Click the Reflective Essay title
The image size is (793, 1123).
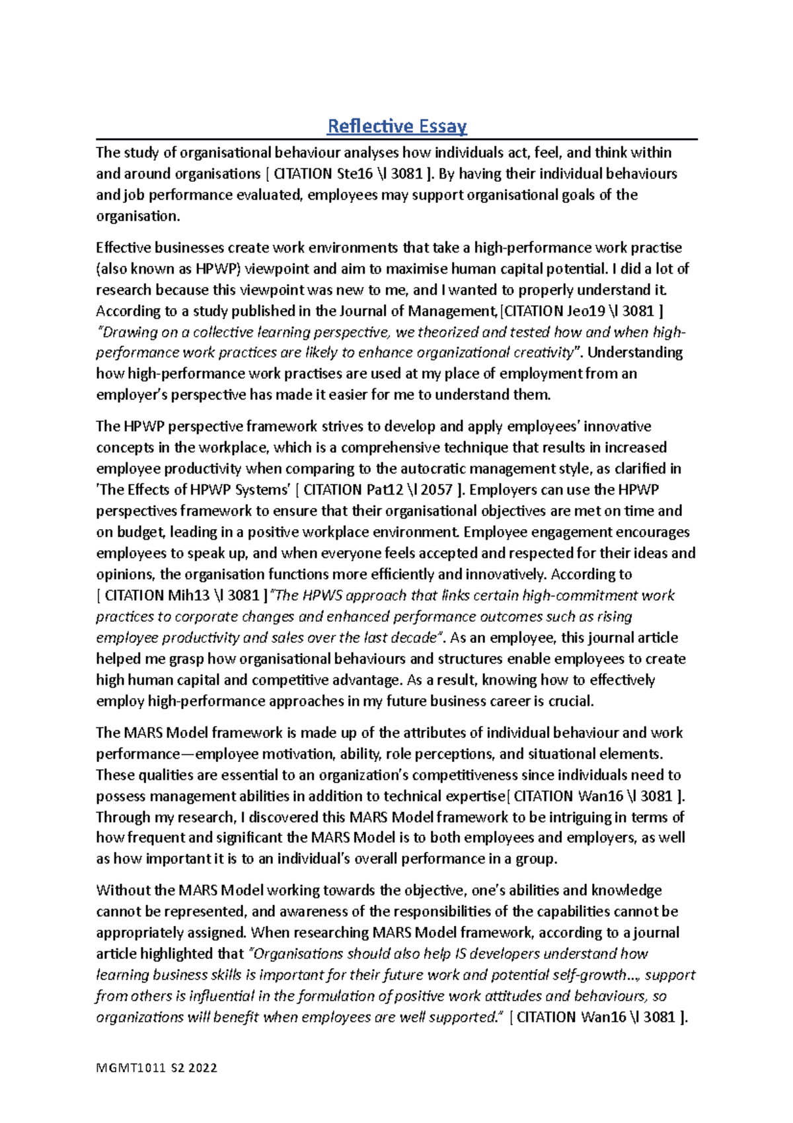(x=397, y=126)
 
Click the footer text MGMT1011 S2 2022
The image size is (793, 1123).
(x=157, y=1067)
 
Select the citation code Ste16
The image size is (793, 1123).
(x=358, y=174)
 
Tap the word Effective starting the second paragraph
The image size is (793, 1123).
(x=123, y=248)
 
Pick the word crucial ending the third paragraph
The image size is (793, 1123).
(x=571, y=701)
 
